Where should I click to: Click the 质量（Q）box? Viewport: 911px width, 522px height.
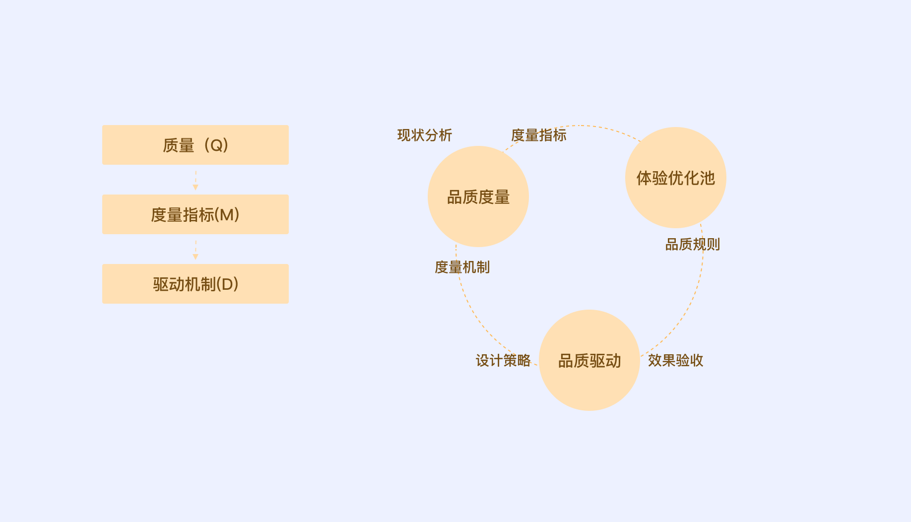[195, 145]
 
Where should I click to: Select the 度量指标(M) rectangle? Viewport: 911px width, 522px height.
[195, 214]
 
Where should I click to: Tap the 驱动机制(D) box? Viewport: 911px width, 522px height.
[195, 284]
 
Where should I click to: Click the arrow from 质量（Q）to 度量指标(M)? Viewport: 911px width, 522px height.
[195, 180]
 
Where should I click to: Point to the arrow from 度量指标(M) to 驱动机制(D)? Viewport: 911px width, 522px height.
[195, 250]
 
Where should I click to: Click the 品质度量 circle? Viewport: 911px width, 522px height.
[478, 196]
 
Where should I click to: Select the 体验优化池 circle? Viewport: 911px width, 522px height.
[676, 178]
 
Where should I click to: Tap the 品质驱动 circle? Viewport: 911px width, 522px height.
[589, 360]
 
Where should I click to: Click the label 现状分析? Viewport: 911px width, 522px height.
[425, 135]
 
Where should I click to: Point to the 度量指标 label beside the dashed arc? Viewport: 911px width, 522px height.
[539, 135]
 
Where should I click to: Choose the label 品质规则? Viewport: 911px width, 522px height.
[692, 244]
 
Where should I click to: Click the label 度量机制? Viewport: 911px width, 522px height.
[462, 267]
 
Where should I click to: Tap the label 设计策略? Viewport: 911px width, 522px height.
[503, 360]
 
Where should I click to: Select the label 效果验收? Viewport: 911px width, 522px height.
[675, 360]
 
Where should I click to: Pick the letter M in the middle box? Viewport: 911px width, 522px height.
[226, 214]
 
